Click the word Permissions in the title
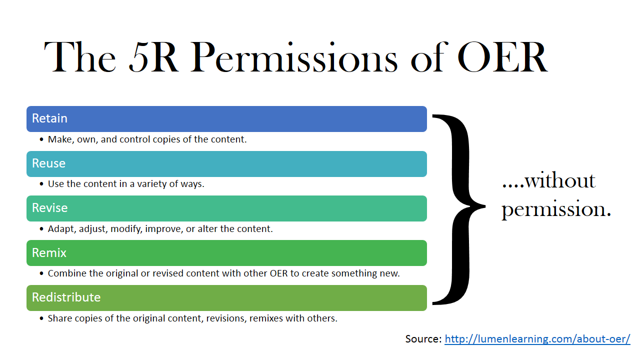[294, 58]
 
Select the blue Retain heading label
[49, 118]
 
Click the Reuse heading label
[48, 163]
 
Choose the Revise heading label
[49, 208]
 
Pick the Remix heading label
[49, 253]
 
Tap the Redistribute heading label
[66, 297]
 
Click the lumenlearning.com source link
[537, 339]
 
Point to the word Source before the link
[423, 339]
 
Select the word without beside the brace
[560, 180]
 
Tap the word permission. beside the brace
[556, 208]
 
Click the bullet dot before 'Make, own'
[41, 139]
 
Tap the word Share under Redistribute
[59, 318]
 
